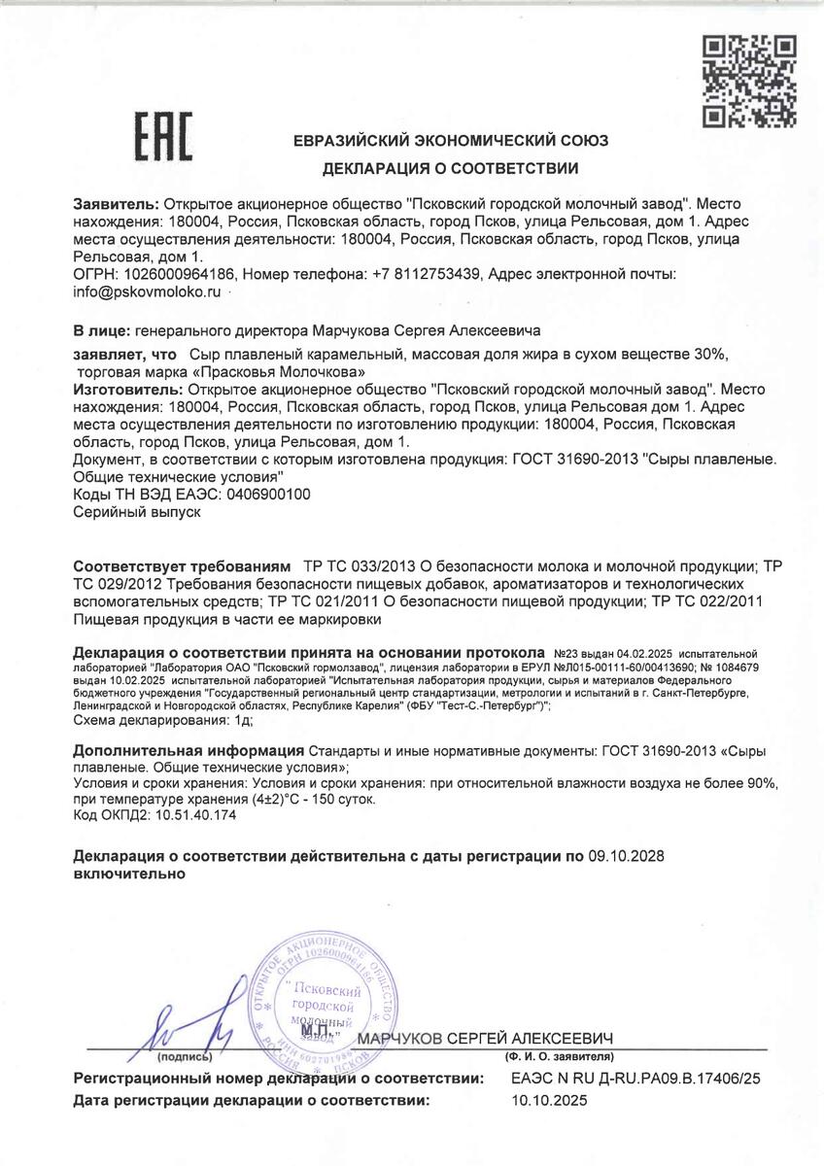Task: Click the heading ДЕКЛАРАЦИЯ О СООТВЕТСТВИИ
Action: [451, 168]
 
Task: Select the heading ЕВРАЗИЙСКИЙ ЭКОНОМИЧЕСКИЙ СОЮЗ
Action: [451, 141]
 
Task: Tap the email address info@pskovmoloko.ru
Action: [148, 291]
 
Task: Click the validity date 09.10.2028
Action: [630, 856]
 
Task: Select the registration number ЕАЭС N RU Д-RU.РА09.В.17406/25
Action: [635, 1079]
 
